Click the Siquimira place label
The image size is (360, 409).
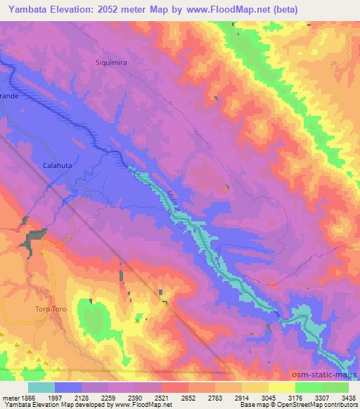pyautogui.click(x=110, y=63)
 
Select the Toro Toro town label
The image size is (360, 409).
pyautogui.click(x=51, y=309)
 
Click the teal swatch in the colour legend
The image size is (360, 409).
pyautogui.click(x=41, y=387)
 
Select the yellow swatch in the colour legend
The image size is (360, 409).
pyautogui.click(x=281, y=387)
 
